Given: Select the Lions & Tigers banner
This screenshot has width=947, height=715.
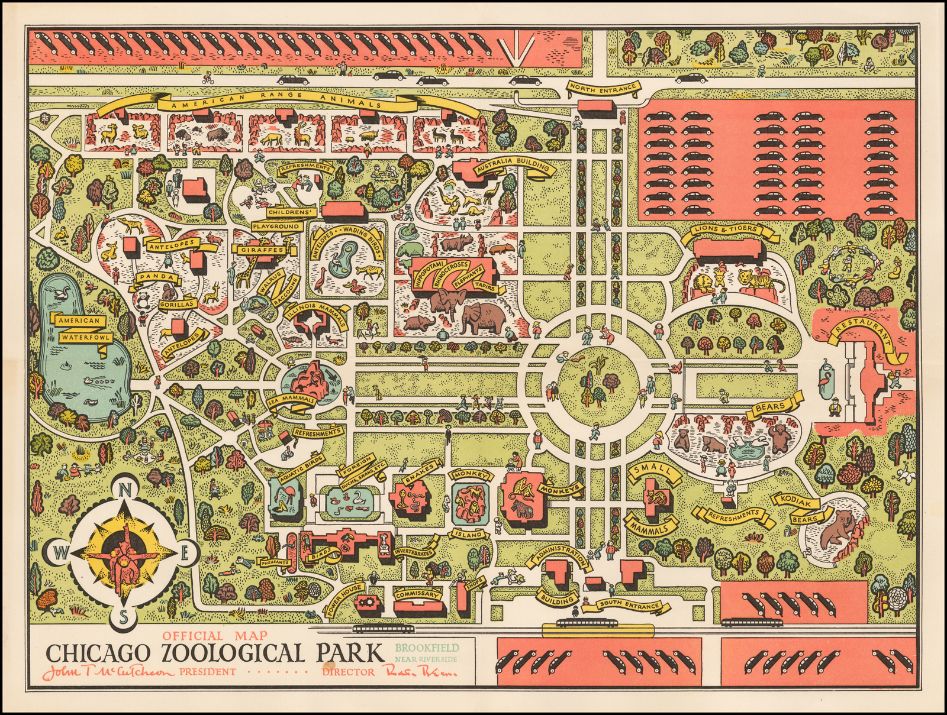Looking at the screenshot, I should pyautogui.click(x=726, y=229).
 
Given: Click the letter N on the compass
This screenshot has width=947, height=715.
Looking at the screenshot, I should pyautogui.click(x=125, y=490).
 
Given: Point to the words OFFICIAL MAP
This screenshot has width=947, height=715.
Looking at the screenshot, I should pyautogui.click(x=215, y=636).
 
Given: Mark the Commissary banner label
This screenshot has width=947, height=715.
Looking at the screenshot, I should pyautogui.click(x=417, y=594).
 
